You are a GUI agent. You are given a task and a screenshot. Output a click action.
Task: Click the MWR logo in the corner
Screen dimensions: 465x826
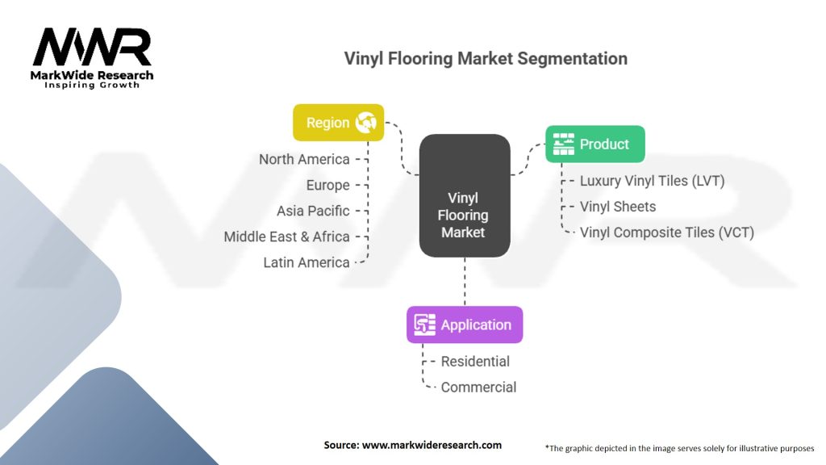tap(92, 48)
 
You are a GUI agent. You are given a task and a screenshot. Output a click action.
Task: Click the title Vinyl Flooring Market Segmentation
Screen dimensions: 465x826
tap(486, 58)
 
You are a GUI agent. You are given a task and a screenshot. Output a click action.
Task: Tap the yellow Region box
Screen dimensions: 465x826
tap(338, 123)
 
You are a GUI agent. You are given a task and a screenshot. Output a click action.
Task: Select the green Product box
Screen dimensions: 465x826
tap(594, 145)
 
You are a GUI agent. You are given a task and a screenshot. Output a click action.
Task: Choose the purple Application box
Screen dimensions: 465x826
tap(464, 325)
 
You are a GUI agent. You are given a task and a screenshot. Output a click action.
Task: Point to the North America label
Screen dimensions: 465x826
tap(304, 159)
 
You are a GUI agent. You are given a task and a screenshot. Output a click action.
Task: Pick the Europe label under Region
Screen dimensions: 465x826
tap(327, 185)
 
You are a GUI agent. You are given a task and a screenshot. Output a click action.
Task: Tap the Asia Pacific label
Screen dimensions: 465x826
tap(313, 211)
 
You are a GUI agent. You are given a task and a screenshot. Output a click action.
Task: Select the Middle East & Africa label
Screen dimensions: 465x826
tap(286, 237)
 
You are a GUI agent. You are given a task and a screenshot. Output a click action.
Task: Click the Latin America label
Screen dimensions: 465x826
tap(307, 262)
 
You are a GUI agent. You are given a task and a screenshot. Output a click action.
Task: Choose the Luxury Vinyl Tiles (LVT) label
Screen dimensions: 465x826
tap(652, 181)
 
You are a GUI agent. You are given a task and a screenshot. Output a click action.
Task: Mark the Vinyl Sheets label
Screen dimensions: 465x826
tap(618, 207)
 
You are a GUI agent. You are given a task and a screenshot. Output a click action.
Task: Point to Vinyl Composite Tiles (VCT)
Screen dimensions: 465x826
tap(666, 232)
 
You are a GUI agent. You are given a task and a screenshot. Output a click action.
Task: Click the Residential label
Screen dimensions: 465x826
tap(475, 362)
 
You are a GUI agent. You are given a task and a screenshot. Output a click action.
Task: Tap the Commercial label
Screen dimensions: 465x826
tap(478, 387)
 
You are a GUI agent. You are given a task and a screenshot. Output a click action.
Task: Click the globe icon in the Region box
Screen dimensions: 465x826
tap(365, 123)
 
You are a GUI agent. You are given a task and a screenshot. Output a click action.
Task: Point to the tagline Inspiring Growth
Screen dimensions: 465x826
tap(91, 85)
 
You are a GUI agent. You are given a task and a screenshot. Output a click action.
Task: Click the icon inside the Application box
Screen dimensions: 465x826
tap(424, 325)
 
